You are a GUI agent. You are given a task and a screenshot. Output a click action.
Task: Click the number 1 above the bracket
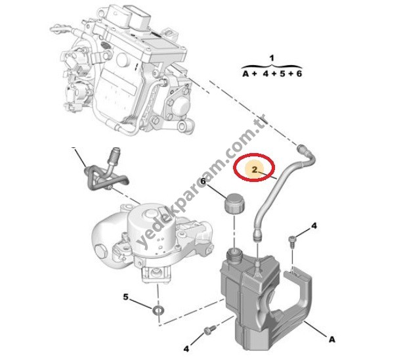click(x=272, y=59)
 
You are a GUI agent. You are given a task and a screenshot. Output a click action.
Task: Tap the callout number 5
click(x=126, y=297)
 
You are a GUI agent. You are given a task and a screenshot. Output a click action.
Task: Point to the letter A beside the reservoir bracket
click(x=332, y=339)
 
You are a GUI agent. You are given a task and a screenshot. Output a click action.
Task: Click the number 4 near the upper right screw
click(x=314, y=226)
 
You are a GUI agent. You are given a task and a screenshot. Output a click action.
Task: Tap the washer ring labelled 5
click(x=159, y=309)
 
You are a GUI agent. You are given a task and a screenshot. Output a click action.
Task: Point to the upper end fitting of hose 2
click(x=304, y=148)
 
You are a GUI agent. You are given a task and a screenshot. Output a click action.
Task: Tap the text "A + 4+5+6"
click(x=271, y=75)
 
